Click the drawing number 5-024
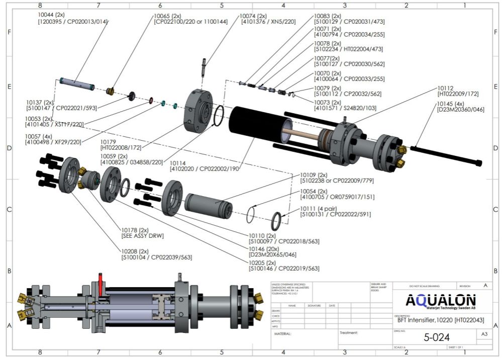pyautogui.click(x=437, y=337)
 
